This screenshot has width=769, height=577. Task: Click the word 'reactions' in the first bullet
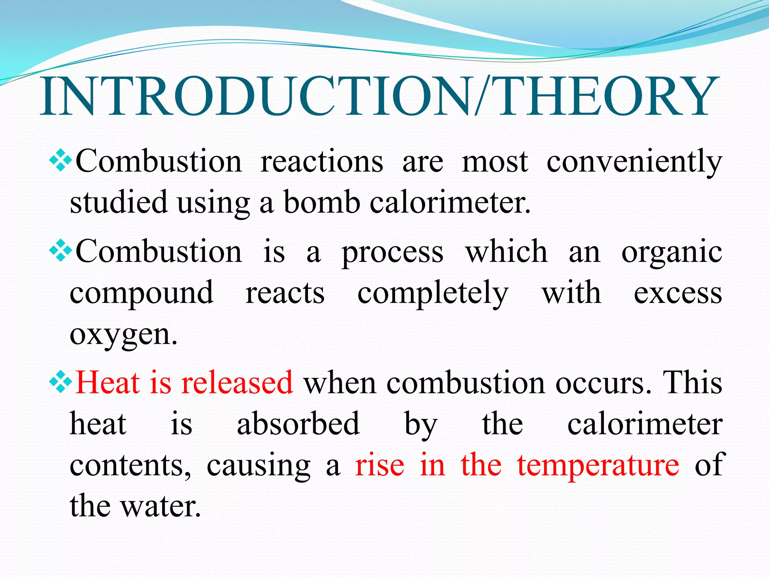(x=322, y=162)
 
